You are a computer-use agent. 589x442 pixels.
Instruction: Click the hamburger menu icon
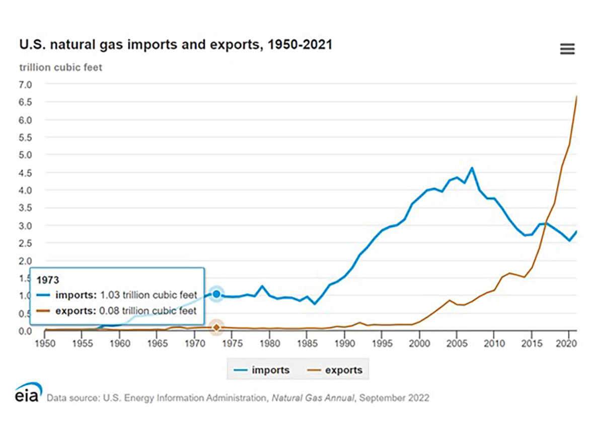tap(567, 49)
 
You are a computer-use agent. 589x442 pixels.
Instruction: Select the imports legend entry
tap(261, 370)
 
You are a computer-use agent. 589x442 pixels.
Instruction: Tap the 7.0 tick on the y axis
tap(25, 85)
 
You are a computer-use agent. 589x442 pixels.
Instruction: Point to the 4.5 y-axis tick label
tap(25, 173)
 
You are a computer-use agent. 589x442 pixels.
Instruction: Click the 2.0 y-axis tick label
tap(25, 261)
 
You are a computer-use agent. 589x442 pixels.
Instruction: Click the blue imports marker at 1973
tap(216, 294)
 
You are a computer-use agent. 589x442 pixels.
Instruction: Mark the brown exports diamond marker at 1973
tap(216, 327)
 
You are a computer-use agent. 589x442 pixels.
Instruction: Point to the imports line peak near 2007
tap(472, 168)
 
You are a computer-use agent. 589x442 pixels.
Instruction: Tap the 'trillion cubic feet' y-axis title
tap(60, 67)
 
